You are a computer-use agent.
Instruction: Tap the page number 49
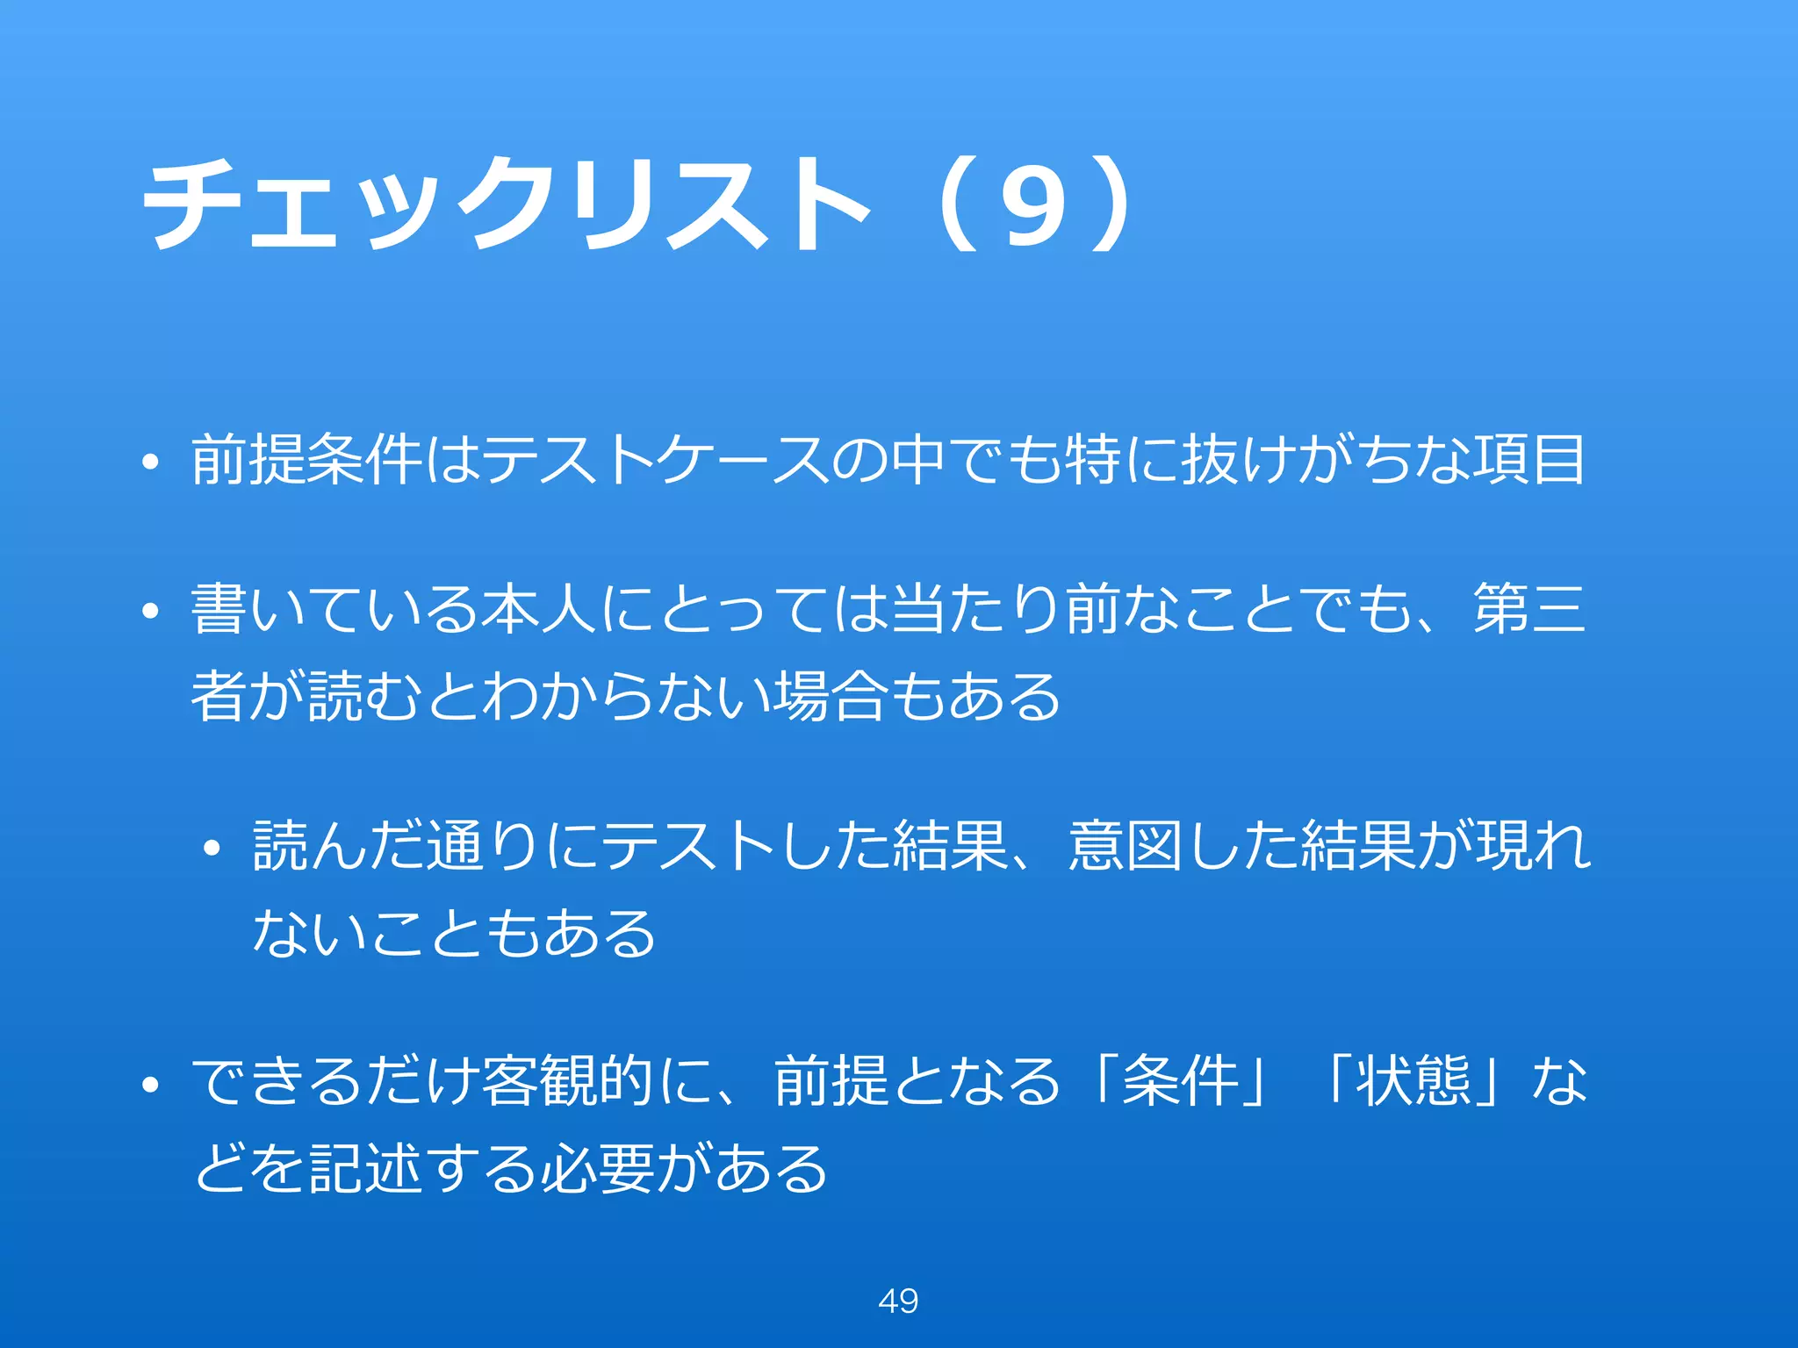click(898, 1301)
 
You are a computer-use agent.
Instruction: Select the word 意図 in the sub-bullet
click(1126, 846)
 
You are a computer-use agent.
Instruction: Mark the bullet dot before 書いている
click(151, 612)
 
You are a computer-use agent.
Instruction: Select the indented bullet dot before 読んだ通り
click(212, 849)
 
